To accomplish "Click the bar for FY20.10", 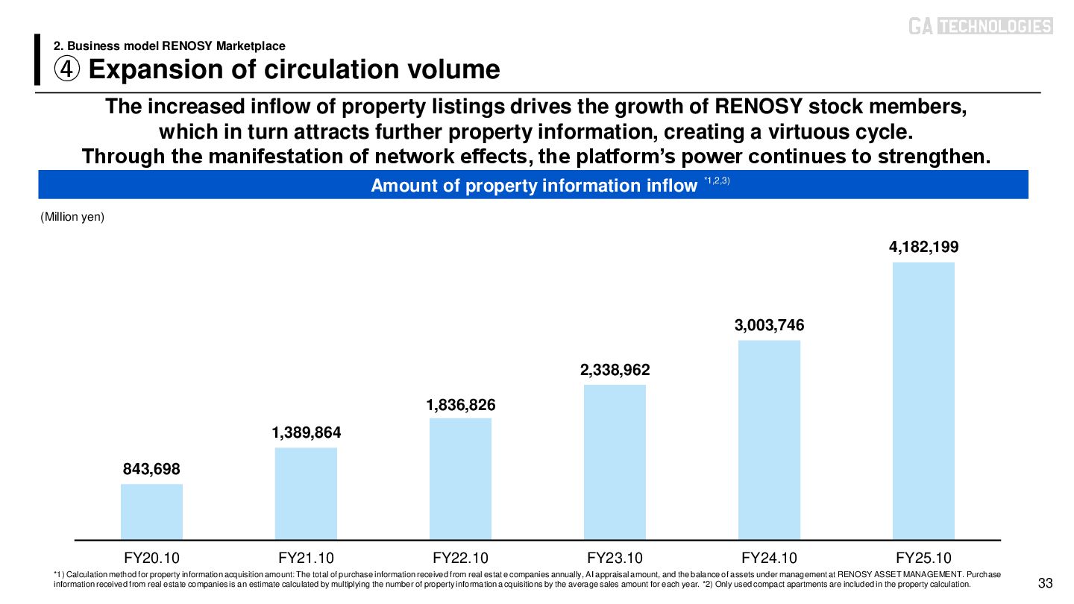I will (x=151, y=511).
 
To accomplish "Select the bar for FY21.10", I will (x=306, y=493).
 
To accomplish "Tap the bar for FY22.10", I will (x=460, y=478).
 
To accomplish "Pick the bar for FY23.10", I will (x=615, y=462).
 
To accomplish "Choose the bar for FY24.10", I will (x=769, y=439).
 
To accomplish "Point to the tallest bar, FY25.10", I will (x=923, y=400).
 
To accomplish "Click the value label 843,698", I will (x=151, y=469).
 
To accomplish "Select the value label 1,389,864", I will (x=306, y=432).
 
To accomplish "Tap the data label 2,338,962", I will (x=615, y=370).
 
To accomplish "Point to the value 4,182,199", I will (x=923, y=247).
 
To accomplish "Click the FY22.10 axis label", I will (x=460, y=558).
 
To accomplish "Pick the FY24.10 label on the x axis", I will (x=769, y=558).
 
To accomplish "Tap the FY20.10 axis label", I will (x=151, y=558).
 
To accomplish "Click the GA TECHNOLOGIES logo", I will (x=980, y=27).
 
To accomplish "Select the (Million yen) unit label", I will (x=72, y=218).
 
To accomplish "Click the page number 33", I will (x=1045, y=583).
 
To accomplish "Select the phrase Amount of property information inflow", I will (x=533, y=186).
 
